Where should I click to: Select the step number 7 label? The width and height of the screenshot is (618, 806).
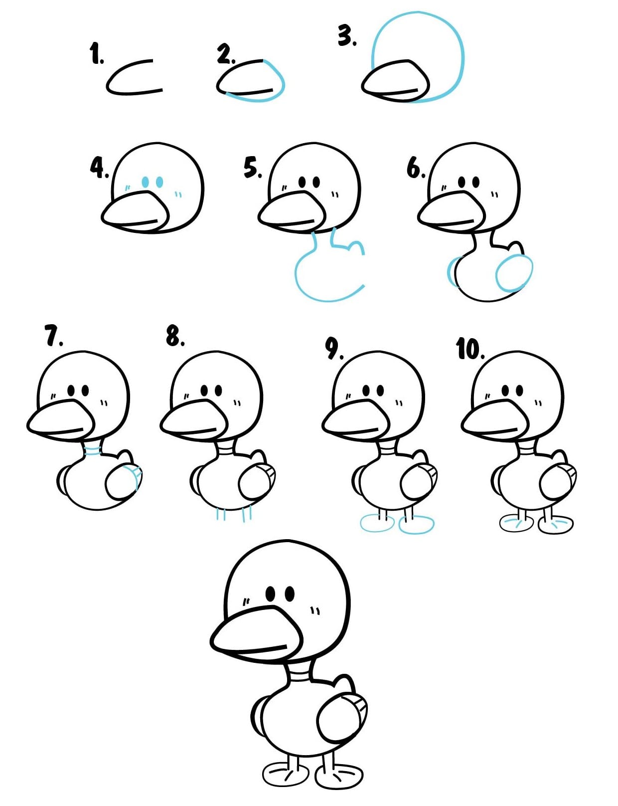click(x=53, y=336)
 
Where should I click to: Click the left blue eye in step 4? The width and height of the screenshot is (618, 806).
click(x=146, y=182)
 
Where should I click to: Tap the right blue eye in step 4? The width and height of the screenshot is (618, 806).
click(x=159, y=182)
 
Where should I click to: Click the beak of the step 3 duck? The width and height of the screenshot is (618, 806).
click(x=396, y=80)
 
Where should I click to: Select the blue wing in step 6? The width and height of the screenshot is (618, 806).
click(x=513, y=273)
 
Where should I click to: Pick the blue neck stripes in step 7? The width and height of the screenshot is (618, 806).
click(x=93, y=451)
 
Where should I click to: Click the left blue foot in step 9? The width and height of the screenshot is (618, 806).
click(x=377, y=524)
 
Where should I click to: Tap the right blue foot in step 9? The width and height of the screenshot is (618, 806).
click(x=417, y=524)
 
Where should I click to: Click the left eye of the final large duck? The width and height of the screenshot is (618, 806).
click(x=271, y=594)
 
